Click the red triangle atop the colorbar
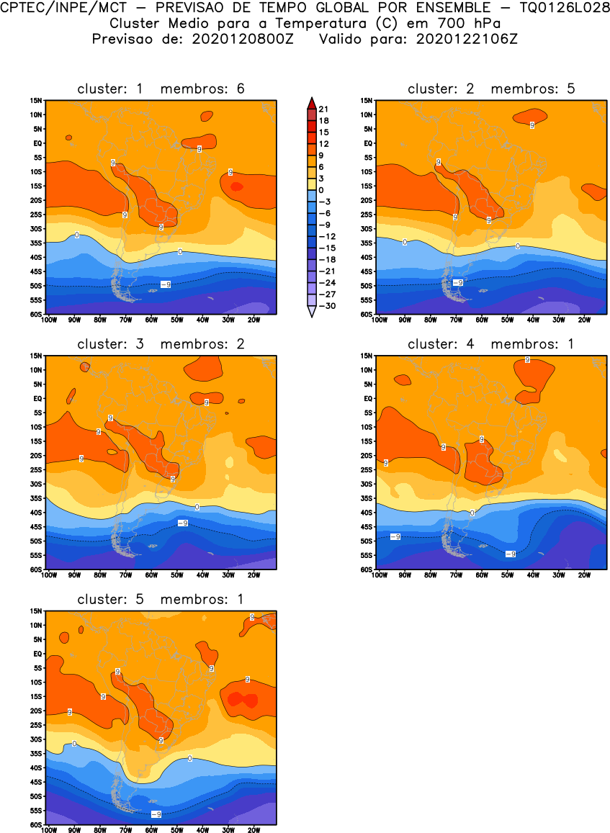point(310,102)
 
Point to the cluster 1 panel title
point(161,89)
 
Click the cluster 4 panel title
point(491,344)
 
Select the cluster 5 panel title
point(161,599)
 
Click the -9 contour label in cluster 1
point(165,285)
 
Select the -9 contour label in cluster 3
point(183,523)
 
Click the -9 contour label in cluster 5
point(155,814)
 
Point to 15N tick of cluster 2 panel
point(367,100)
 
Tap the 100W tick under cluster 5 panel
point(49,830)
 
